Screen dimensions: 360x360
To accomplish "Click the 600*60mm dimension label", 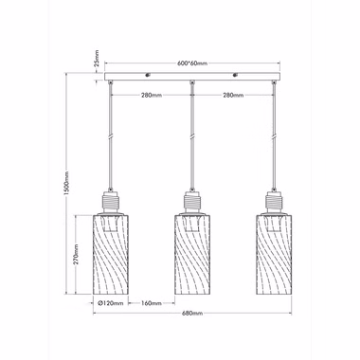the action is point(191,63).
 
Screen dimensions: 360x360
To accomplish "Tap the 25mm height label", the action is point(97,58).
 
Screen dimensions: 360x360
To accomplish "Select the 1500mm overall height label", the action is point(66,183).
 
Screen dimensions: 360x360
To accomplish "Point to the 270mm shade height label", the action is point(77,254).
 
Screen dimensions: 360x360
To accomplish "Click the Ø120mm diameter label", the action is point(111,303).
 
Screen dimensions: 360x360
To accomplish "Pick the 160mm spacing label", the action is point(152,303).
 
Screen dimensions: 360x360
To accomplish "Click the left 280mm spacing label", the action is point(152,95).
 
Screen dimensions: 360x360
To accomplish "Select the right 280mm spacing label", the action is point(233,95).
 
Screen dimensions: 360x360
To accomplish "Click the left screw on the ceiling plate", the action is point(148,75).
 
